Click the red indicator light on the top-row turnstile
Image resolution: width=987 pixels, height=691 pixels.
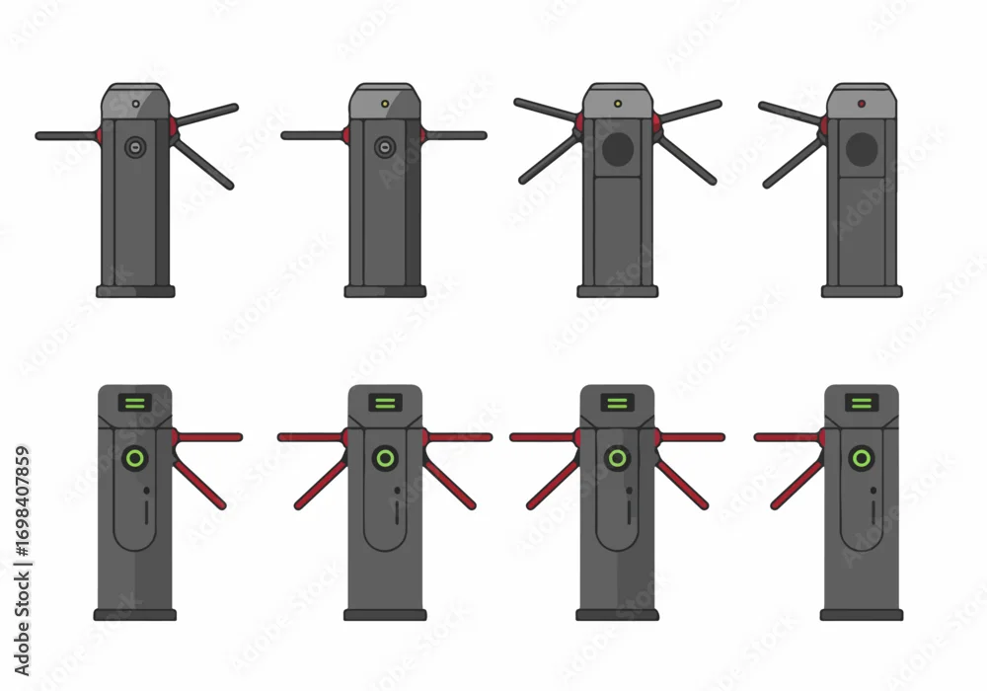click(x=861, y=104)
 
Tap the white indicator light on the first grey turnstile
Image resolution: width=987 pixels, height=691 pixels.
click(x=135, y=104)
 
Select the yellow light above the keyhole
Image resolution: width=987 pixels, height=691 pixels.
click(x=385, y=104)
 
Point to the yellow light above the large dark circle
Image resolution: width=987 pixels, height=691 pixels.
click(x=618, y=104)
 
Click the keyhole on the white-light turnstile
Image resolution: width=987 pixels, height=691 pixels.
click(x=134, y=148)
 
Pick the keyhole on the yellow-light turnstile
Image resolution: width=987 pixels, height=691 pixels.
click(x=385, y=148)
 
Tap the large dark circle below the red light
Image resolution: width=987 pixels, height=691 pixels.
click(x=862, y=149)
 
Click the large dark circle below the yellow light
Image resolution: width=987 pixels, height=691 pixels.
click(x=618, y=149)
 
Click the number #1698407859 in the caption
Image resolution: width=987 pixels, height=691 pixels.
click(x=23, y=502)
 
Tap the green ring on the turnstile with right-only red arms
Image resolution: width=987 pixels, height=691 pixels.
click(x=134, y=457)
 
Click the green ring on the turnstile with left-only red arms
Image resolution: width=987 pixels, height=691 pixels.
click(x=861, y=457)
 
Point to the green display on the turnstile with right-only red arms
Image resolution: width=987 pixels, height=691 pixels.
click(x=134, y=403)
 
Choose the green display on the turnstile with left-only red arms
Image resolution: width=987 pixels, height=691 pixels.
click(x=861, y=403)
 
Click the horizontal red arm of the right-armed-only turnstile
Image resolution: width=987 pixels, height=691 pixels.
click(x=207, y=436)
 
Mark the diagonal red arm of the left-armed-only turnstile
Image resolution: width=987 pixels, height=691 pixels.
click(x=797, y=484)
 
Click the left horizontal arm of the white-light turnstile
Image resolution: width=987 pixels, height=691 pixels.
click(x=67, y=136)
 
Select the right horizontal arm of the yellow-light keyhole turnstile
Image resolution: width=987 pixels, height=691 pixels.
click(x=454, y=135)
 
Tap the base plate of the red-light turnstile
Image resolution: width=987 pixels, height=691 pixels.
click(x=862, y=291)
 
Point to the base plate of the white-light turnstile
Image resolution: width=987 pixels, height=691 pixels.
click(x=135, y=291)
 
